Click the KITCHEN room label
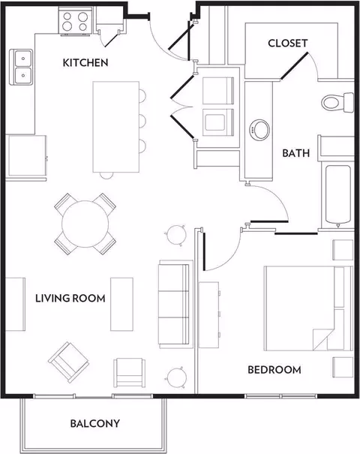[85, 62]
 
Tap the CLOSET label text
[287, 43]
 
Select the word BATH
[295, 153]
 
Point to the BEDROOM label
[274, 370]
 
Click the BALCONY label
[95, 423]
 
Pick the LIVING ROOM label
[70, 298]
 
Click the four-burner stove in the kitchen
[75, 22]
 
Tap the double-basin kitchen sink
[21, 68]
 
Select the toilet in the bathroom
[337, 102]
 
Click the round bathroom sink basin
[259, 130]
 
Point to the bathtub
[338, 194]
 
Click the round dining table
[85, 224]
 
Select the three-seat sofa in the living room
[175, 304]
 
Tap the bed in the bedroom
[308, 308]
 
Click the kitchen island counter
[116, 127]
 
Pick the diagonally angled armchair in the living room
[68, 362]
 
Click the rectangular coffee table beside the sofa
[121, 304]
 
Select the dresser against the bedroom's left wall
[209, 314]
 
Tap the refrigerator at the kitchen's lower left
[27, 155]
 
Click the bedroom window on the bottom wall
[280, 395]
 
